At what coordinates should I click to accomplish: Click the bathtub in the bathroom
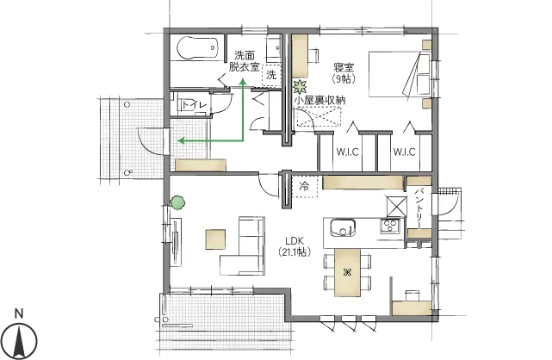(x=197, y=48)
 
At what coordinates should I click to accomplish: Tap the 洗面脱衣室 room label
(x=245, y=61)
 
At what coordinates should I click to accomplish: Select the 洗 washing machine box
(x=271, y=75)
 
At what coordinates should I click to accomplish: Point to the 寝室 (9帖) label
(x=344, y=72)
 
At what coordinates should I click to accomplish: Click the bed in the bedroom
(x=400, y=74)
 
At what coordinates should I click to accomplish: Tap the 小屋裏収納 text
(x=319, y=100)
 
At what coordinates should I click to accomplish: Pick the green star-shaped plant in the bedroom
(x=301, y=86)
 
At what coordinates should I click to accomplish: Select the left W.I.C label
(x=347, y=152)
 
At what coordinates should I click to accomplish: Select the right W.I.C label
(x=404, y=152)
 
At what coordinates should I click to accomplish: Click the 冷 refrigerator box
(x=305, y=186)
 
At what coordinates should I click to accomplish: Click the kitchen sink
(x=343, y=227)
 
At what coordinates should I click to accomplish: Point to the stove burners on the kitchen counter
(x=390, y=226)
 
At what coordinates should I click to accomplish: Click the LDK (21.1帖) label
(x=295, y=246)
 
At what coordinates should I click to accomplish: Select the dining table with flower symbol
(x=347, y=272)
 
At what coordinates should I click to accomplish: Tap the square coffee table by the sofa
(x=215, y=239)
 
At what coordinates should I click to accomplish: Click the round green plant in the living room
(x=177, y=202)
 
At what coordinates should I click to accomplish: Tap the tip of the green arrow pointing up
(x=243, y=79)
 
